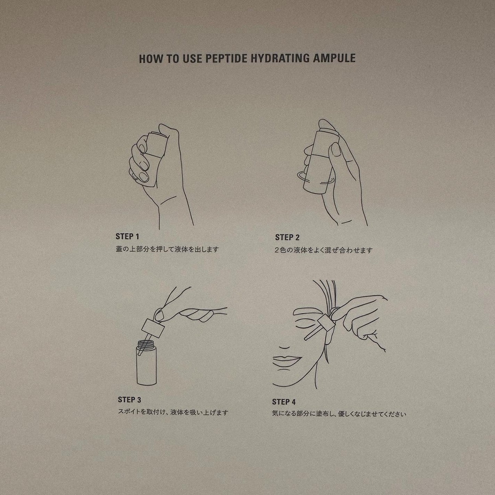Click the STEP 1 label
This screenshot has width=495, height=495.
(127, 237)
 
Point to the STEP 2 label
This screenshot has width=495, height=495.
(287, 238)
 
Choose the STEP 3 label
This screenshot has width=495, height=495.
(129, 400)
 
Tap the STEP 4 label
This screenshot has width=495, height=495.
(284, 402)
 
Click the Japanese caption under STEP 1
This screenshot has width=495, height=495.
(167, 249)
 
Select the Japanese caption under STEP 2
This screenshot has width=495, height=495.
(324, 250)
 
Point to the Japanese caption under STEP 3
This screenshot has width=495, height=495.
(173, 413)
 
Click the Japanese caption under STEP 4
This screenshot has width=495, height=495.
(339, 414)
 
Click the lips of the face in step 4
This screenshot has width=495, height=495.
(287, 359)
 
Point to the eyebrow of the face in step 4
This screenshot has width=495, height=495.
(307, 312)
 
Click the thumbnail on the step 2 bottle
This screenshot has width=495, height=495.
(335, 149)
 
